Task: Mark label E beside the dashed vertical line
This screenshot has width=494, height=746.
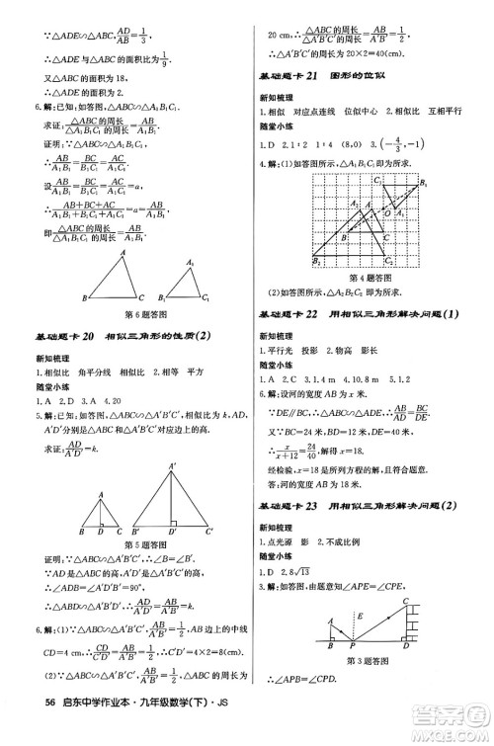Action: [x=366, y=618]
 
